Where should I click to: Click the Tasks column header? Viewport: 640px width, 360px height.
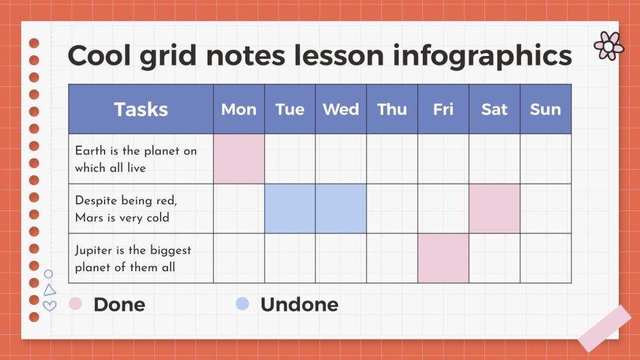(x=141, y=109)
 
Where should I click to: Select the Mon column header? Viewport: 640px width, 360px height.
(x=239, y=109)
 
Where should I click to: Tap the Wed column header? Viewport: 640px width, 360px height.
(x=341, y=109)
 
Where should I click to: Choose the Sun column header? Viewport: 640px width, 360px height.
(x=546, y=109)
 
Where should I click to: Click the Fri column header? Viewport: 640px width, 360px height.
(x=443, y=109)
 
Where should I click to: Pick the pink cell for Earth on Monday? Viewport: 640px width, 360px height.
(x=239, y=158)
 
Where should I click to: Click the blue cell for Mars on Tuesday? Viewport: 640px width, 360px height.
(x=290, y=208)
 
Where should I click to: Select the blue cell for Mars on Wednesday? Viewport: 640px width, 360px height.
(x=341, y=208)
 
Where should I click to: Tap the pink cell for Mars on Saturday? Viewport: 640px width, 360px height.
(x=495, y=208)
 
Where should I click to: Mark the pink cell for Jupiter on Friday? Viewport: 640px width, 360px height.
(x=443, y=258)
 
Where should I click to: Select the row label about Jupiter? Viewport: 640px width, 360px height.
(x=133, y=258)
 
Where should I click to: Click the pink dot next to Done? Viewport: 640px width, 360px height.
(x=76, y=303)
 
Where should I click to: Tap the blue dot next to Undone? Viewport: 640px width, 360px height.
(x=242, y=303)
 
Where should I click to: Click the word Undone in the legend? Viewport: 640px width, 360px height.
(x=299, y=304)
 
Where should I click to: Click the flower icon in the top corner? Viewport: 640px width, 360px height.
(x=608, y=46)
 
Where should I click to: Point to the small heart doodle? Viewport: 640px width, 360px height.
(x=49, y=305)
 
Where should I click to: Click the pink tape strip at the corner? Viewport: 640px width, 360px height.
(x=604, y=328)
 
